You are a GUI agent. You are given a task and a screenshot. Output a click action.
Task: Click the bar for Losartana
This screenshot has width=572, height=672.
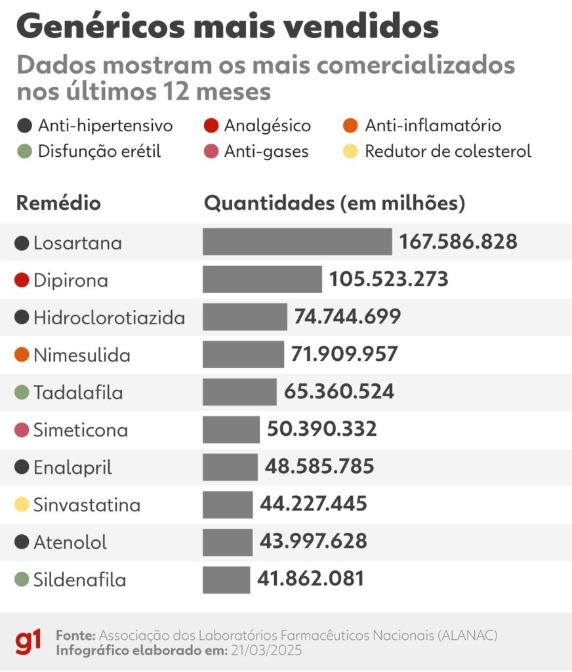[297, 242]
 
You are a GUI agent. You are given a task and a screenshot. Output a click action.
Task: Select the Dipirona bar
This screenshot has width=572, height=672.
[262, 280]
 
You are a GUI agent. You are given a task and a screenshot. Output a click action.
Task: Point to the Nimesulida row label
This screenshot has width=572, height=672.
[81, 355]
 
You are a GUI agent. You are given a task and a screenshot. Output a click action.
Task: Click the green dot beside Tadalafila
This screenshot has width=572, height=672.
[22, 392]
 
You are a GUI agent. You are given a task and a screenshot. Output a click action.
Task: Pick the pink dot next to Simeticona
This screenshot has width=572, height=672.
[22, 430]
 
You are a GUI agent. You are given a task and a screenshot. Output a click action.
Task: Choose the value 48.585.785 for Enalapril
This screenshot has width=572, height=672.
[319, 467]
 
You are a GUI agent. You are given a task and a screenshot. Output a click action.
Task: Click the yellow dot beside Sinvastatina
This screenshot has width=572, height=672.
[22, 505]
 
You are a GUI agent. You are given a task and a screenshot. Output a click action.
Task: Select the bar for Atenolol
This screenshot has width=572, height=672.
[228, 542]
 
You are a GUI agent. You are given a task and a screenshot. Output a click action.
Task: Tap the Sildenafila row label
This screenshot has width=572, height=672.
[79, 580]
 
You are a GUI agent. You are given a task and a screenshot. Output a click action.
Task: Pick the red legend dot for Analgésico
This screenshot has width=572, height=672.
[211, 125]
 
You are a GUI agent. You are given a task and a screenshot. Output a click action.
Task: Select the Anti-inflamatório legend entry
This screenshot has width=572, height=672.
[432, 125]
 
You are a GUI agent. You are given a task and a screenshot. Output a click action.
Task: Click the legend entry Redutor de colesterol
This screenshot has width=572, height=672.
[447, 152]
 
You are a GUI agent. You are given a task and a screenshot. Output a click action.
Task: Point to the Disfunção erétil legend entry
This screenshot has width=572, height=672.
[99, 152]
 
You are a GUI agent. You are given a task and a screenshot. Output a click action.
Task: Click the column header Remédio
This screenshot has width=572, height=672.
[58, 203]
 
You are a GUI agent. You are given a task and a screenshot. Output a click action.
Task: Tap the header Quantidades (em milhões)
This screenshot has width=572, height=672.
[335, 203]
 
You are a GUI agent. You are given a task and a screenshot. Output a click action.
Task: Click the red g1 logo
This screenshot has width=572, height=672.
[29, 641]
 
